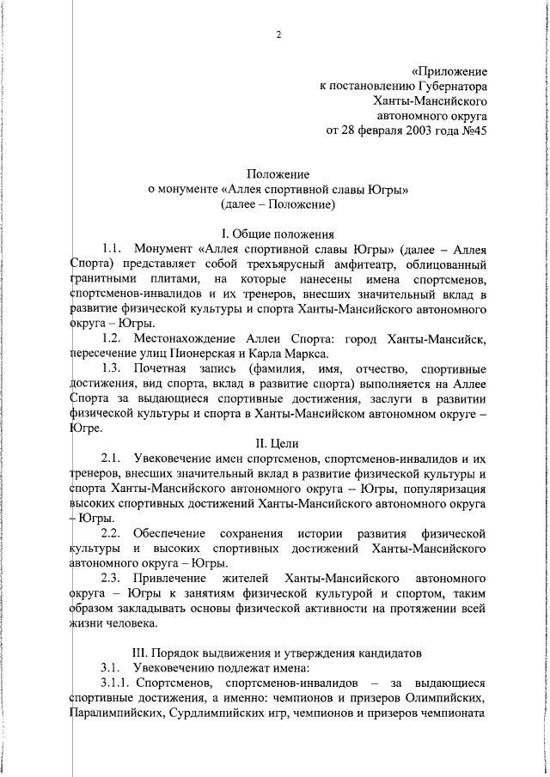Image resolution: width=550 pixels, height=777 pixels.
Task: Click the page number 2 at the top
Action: pyautogui.click(x=278, y=34)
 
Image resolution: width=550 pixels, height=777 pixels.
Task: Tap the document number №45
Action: pyautogui.click(x=474, y=131)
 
